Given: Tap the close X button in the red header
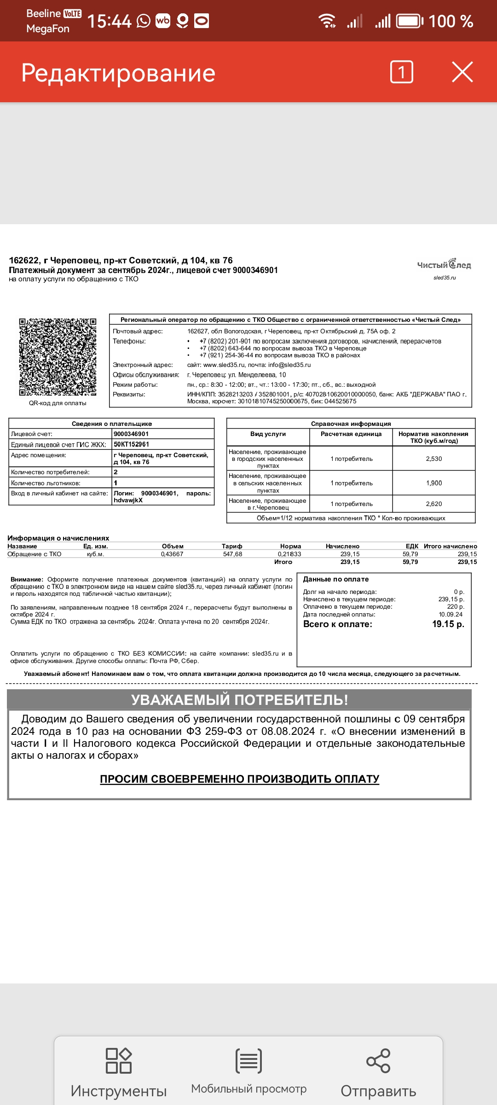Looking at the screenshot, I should (x=462, y=72).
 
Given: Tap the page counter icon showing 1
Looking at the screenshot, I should (x=401, y=72).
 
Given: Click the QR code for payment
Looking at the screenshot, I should (x=58, y=357).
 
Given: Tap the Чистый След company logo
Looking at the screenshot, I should (x=444, y=265).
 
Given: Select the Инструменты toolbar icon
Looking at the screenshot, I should (x=119, y=1061).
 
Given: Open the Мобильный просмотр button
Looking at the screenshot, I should (x=248, y=1061).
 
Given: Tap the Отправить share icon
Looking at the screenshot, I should (x=378, y=1061).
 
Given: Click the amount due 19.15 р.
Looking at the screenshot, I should (x=448, y=624).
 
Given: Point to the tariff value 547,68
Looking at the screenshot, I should (x=232, y=554).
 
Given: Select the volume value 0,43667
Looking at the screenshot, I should (x=172, y=554).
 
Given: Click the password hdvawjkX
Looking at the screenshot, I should (x=128, y=500).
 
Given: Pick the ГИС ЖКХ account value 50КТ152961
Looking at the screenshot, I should (x=131, y=444).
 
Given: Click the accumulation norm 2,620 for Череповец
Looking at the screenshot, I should (x=433, y=504).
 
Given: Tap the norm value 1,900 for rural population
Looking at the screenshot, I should (x=433, y=483).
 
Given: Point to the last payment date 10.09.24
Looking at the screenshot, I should (x=451, y=615).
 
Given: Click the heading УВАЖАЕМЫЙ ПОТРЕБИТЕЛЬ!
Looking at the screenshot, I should (x=239, y=700).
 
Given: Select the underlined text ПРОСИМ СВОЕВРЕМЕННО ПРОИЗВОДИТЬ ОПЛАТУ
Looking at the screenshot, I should (x=239, y=779).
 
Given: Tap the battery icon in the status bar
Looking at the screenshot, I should (x=410, y=21).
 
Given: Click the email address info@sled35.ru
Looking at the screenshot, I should (x=289, y=365).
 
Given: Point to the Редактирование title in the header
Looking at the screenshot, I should (x=118, y=73).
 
